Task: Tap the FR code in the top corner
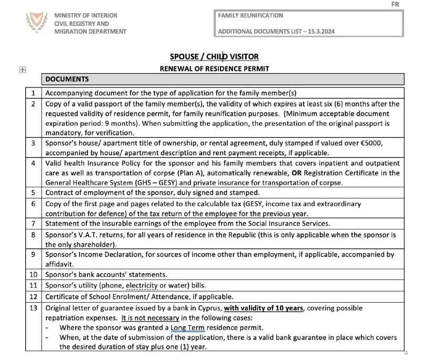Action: point(396,4)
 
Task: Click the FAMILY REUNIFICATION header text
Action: point(250,16)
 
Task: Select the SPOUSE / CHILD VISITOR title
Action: point(214,57)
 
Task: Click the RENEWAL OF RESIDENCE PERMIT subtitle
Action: point(214,68)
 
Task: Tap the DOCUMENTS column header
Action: point(67,79)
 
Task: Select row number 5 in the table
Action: point(33,193)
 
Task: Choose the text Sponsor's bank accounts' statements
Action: point(106,275)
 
